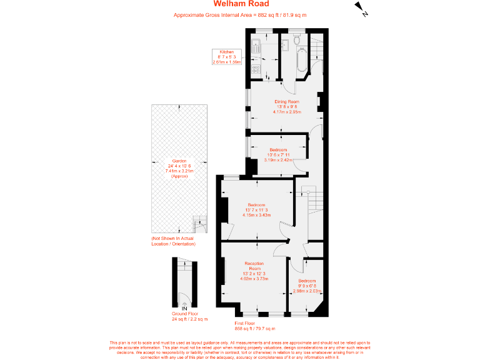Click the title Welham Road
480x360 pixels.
coord(239,5)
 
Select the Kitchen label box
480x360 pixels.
coord(226,57)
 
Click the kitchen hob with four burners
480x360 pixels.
coord(256,70)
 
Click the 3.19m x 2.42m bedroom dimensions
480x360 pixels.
coord(278,160)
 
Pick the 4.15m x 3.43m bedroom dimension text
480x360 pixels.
coord(256,215)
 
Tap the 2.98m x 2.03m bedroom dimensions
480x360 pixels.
coord(307,291)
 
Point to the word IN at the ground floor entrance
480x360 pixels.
coord(184,309)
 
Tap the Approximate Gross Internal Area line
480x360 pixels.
coord(239,15)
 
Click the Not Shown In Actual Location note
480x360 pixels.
coord(173,241)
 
